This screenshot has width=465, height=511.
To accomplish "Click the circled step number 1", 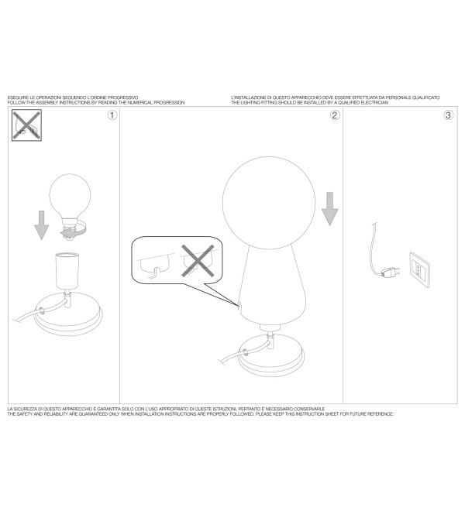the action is click(112, 115).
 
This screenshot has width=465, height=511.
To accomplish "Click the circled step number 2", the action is click(335, 115).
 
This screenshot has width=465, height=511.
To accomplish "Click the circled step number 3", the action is click(449, 115).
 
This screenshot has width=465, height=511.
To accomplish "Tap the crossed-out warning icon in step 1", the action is click(27, 125).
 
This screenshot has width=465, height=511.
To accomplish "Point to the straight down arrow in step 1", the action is click(41, 225).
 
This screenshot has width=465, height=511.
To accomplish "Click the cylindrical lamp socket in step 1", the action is click(67, 271).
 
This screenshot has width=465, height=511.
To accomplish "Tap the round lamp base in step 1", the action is click(68, 314).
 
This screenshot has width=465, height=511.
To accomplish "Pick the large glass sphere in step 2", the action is click(269, 203).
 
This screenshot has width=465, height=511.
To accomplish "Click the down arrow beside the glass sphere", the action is click(329, 209).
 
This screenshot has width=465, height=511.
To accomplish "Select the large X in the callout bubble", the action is click(198, 261).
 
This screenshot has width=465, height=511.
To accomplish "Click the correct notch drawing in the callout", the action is click(155, 265).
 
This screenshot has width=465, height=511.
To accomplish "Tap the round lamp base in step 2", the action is click(270, 355).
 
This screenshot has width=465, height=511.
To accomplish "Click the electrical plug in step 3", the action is click(390, 273).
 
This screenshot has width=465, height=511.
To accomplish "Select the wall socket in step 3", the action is click(419, 270).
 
